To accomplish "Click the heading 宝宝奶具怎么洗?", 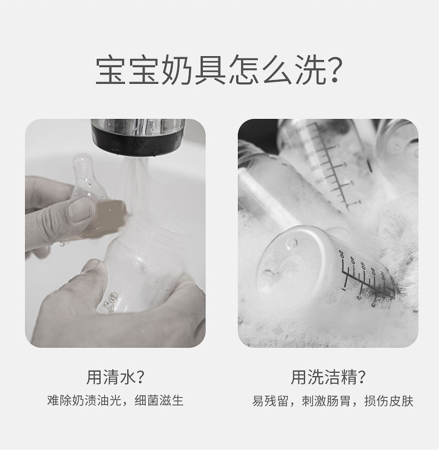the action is (219, 71).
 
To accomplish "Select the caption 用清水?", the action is (115, 377).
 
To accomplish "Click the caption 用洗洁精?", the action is (328, 377).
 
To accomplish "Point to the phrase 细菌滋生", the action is (159, 401).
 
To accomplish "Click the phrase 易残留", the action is (270, 401).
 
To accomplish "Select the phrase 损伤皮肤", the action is (389, 401).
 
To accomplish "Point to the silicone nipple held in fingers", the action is (89, 179).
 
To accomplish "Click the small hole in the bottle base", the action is (292, 243).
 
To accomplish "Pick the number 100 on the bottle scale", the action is (382, 275).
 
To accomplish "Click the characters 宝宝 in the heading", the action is (127, 71).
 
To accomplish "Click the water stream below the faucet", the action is (135, 184).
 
